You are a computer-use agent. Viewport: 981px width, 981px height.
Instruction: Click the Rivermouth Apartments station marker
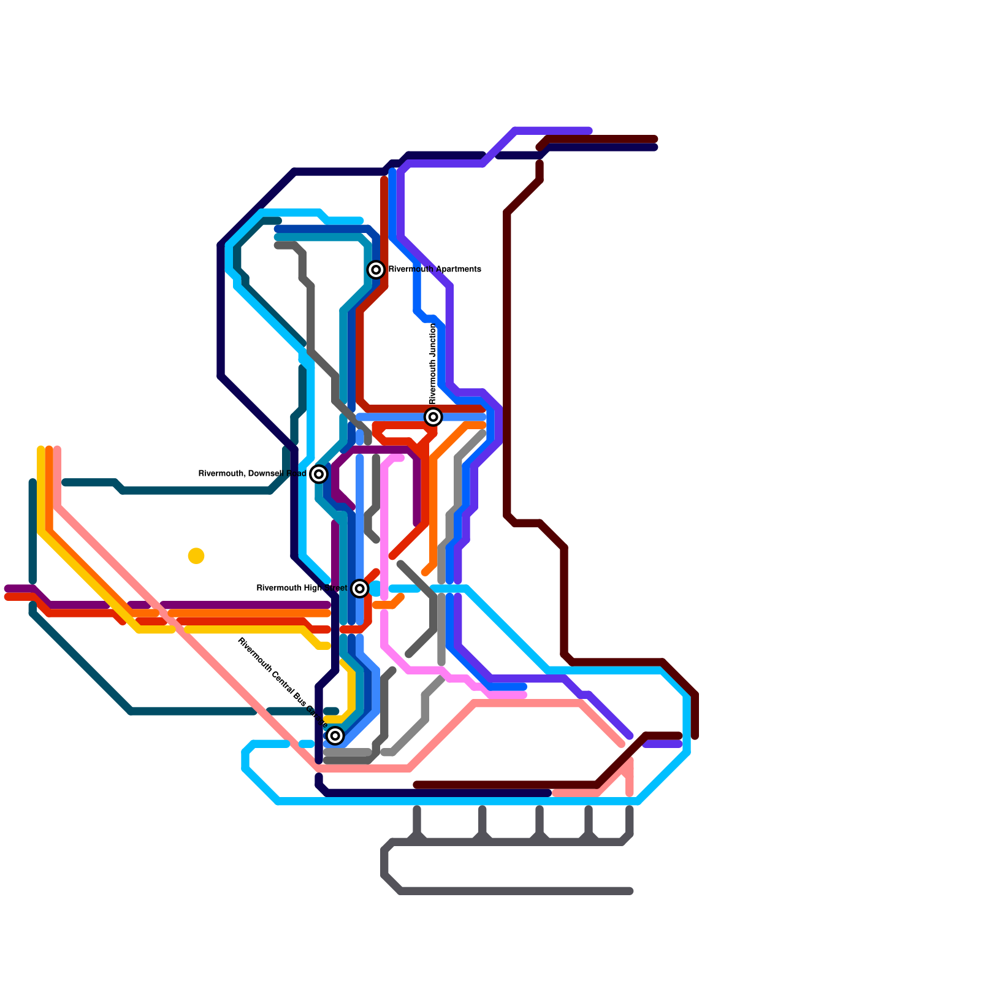click(x=376, y=269)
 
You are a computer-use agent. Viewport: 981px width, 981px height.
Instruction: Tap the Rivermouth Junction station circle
click(x=433, y=417)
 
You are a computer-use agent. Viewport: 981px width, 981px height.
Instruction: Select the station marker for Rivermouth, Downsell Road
click(x=318, y=474)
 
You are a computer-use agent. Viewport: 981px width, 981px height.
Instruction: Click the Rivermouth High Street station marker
click(x=360, y=589)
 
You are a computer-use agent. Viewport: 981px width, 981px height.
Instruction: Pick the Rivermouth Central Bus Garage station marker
click(x=335, y=735)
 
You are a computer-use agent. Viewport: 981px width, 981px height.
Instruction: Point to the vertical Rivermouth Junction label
click(x=433, y=364)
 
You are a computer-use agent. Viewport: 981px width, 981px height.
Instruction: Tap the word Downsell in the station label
click(x=266, y=474)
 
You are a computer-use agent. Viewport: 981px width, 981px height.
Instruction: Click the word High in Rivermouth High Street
click(x=303, y=589)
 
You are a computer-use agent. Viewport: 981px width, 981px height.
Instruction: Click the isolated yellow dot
click(x=196, y=555)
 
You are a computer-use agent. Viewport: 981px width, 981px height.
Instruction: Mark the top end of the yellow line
click(x=40, y=450)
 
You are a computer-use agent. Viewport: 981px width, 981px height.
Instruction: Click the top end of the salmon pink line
click(x=57, y=450)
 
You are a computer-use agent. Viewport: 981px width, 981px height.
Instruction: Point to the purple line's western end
click(x=7, y=589)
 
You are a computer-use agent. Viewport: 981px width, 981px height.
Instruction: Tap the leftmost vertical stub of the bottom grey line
click(x=417, y=811)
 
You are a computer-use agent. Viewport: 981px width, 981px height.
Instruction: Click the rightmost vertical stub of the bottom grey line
click(x=630, y=811)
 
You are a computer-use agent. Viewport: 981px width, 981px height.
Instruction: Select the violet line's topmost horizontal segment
click(x=552, y=131)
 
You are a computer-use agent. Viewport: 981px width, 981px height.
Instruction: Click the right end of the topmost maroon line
click(x=655, y=139)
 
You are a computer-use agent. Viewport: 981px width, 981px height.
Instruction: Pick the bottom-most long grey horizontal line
click(x=515, y=891)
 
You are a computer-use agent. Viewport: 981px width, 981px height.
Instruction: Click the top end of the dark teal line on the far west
click(x=32, y=483)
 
